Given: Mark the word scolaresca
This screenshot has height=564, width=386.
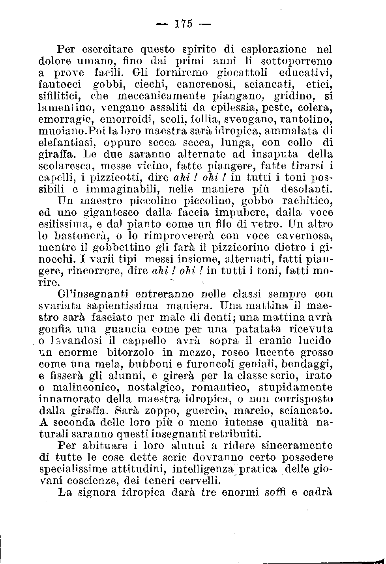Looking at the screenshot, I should pos(63,165).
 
